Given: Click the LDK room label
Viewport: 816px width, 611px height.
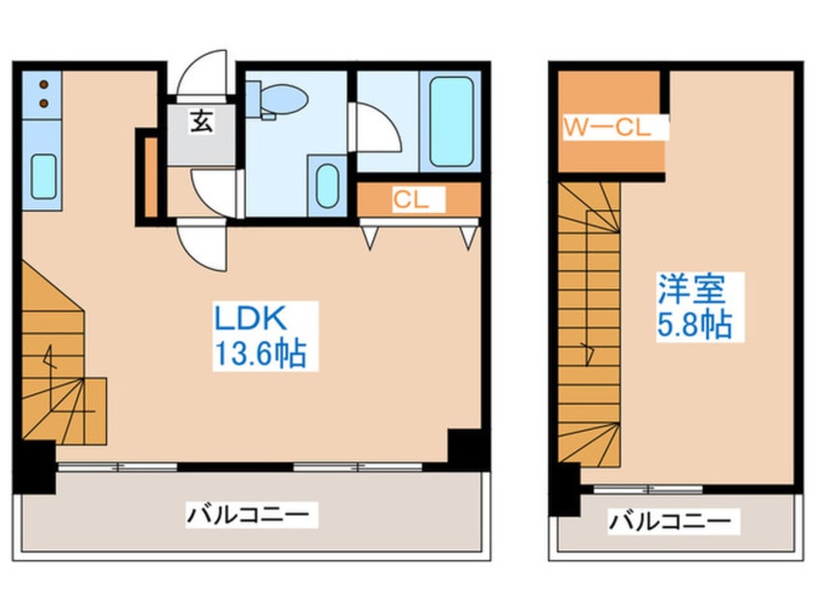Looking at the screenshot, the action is [x=251, y=318].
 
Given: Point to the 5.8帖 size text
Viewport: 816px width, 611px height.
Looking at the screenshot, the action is [x=694, y=325].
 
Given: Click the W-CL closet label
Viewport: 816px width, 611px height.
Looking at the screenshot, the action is [x=608, y=127].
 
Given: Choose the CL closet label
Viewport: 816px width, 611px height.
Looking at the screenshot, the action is [x=411, y=199].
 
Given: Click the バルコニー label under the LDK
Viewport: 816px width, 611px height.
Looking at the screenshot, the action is [x=248, y=515].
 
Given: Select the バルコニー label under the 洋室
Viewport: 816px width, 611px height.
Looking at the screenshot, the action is [x=670, y=520].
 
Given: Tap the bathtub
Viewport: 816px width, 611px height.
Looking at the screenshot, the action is [x=450, y=121].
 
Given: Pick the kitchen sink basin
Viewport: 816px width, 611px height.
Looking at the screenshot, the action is [x=43, y=176].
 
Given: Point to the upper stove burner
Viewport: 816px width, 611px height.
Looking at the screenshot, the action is [x=43, y=84].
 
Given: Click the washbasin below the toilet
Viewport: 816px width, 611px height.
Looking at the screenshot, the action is [x=327, y=186].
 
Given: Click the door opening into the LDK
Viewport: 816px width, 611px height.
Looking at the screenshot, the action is [x=202, y=245].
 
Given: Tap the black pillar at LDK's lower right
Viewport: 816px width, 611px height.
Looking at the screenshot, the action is [x=464, y=445].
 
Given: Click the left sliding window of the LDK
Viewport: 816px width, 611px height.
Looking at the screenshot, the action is [x=118, y=467].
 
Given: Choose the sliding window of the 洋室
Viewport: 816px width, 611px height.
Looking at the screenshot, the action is [x=648, y=489].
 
